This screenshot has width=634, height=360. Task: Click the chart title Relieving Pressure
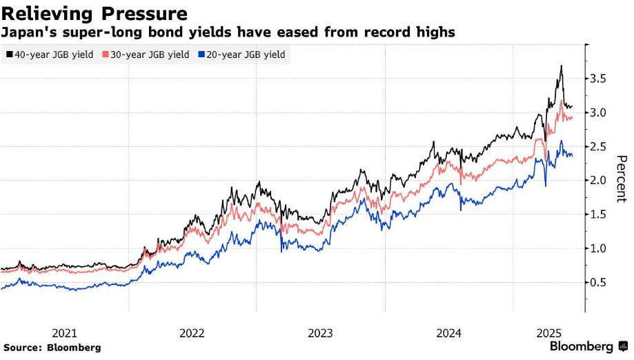tap(95, 13)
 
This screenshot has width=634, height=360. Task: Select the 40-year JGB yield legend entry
tap(50, 54)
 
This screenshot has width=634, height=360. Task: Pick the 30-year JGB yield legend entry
tap(146, 54)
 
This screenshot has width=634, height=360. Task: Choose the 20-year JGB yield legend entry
tap(241, 54)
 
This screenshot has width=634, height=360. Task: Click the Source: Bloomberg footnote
tap(52, 348)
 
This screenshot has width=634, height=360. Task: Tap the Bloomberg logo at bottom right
tap(588, 346)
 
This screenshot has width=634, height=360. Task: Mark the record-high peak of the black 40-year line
tap(562, 66)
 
